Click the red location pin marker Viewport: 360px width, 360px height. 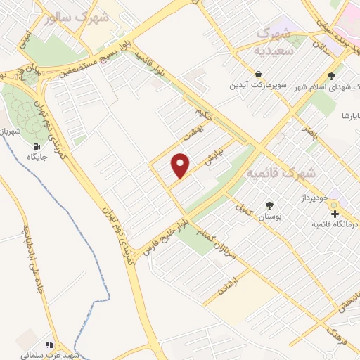[x=181, y=165]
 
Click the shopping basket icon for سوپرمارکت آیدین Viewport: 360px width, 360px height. [x=259, y=74]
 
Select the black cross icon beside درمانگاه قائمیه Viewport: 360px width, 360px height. [x=335, y=213]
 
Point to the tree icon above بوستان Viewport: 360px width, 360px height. [x=269, y=205]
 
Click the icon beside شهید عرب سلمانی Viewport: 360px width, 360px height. [x=49, y=345]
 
